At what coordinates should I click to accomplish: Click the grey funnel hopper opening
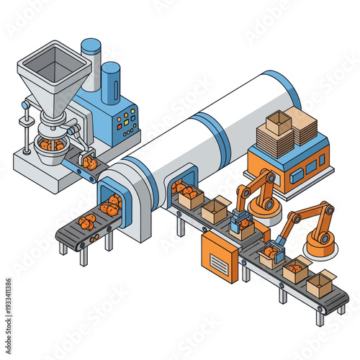pyautogui.click(x=54, y=66)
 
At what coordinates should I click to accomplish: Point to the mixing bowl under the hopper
pyautogui.click(x=51, y=148)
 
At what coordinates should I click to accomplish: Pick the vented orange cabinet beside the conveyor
pyautogui.click(x=220, y=256)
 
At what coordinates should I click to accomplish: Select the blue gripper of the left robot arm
pyautogui.click(x=239, y=220)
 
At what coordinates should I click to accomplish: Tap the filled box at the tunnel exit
pyautogui.click(x=190, y=197)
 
